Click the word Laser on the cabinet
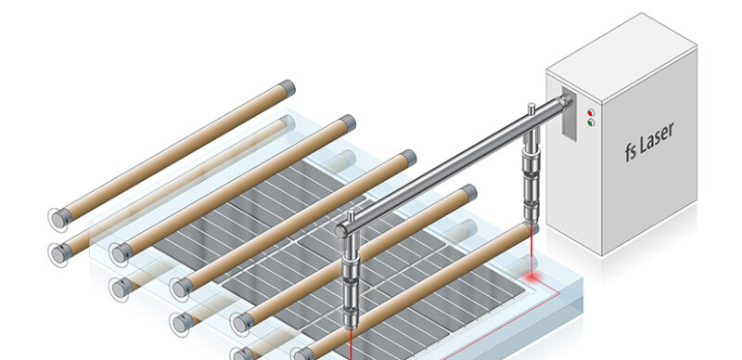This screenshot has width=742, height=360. pos(657,137)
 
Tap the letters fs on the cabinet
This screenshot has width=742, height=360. pos(630,152)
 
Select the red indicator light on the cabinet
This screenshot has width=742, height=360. pos(591,112)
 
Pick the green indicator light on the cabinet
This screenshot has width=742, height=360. pos(591,122)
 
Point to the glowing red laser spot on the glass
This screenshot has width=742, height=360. pos(531,276)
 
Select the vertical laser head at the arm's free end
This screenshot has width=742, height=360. pos(352,279)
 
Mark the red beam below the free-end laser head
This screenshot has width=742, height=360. pos(352,344)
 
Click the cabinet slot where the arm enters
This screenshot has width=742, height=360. pos(569,115)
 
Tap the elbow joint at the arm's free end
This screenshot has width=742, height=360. pos(344,229)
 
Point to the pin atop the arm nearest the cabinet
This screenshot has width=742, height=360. pos(531,109)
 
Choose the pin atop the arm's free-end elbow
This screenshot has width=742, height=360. pos(351,215)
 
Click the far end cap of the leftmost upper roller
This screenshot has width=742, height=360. pos(288,88)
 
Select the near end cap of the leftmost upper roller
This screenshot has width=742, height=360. pos(61,218)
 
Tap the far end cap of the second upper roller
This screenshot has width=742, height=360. pos(348,123)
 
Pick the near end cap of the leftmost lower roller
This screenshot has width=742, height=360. pos(60,253)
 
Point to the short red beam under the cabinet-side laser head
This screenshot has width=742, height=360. pos(531,251)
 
